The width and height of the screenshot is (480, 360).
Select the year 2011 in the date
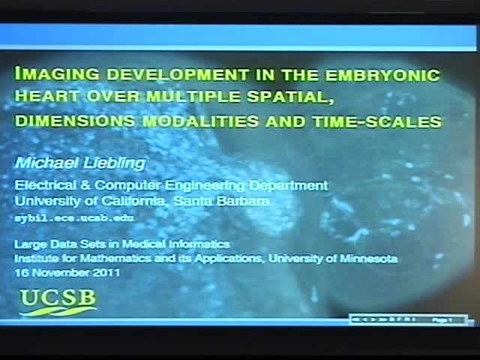coord(105,271)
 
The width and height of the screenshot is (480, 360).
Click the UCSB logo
coord(58,301)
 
